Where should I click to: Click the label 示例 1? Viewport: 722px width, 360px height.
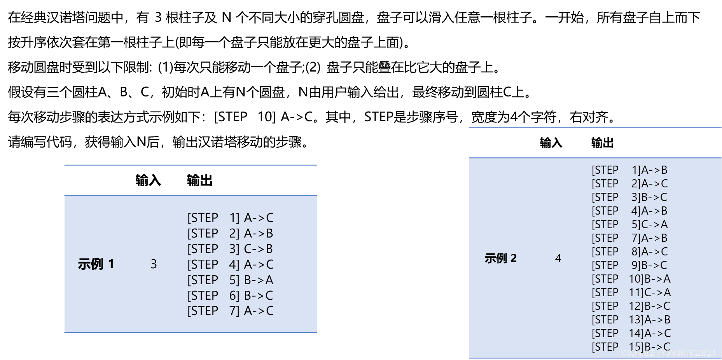(96, 264)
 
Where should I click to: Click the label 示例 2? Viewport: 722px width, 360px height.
(500, 258)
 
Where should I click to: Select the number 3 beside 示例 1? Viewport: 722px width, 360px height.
(154, 264)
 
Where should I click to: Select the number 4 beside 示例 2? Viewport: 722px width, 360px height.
(558, 258)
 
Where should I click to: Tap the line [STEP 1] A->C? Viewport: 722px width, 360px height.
(230, 218)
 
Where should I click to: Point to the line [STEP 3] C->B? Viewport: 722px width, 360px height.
(230, 249)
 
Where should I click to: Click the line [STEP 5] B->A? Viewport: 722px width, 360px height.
(230, 280)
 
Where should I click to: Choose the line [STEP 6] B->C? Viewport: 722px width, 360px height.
(230, 295)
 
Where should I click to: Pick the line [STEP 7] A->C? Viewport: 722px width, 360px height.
(230, 311)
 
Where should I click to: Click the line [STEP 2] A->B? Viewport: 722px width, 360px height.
(230, 233)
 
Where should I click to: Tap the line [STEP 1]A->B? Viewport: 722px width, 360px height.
(629, 170)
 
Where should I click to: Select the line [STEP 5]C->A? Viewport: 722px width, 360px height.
(629, 224)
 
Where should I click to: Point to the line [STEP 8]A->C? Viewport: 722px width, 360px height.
(629, 252)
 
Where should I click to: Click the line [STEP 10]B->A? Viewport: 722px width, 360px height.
(631, 279)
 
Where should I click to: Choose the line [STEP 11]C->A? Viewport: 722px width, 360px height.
(631, 292)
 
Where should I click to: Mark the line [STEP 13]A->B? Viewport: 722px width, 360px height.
(631, 320)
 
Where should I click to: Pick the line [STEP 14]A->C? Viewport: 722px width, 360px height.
(631, 333)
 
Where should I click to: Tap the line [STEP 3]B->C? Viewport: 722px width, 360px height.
(629, 197)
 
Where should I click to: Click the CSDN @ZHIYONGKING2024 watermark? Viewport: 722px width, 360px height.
(668, 353)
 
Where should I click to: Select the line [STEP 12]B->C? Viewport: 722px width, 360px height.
(631, 306)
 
